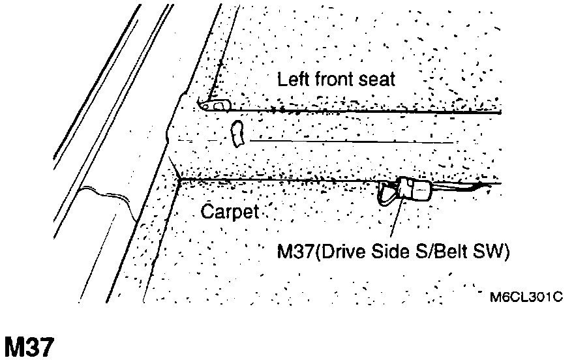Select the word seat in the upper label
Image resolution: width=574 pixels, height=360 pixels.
(x=378, y=80)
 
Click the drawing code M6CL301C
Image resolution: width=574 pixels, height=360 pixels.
(x=526, y=297)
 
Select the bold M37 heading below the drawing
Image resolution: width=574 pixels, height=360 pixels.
(x=29, y=347)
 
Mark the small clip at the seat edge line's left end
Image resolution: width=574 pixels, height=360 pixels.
(x=216, y=104)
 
